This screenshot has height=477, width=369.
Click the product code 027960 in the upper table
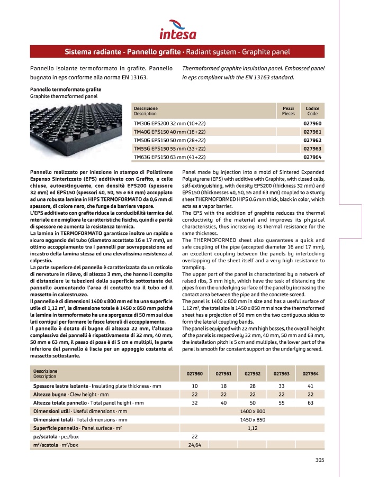(x=312, y=123)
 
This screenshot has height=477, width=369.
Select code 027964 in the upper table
(x=312, y=157)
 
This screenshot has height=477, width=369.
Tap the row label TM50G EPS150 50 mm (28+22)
(x=169, y=140)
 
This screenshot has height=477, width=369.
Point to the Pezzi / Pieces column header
(x=289, y=111)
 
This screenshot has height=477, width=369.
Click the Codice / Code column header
(x=312, y=111)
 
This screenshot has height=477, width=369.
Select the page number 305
(x=319, y=460)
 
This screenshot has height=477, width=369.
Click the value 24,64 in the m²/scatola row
(x=194, y=445)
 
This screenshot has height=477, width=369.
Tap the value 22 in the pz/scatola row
(x=194, y=436)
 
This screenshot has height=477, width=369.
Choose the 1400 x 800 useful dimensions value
(x=253, y=411)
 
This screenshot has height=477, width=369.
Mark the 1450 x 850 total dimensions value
(x=253, y=419)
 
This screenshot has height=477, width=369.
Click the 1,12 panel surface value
(x=253, y=428)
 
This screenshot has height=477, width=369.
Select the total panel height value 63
(x=310, y=403)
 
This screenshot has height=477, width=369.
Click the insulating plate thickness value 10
(x=194, y=386)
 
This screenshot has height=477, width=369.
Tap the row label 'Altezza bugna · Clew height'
(x=70, y=395)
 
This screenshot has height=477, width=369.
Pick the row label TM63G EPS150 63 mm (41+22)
(x=169, y=157)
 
